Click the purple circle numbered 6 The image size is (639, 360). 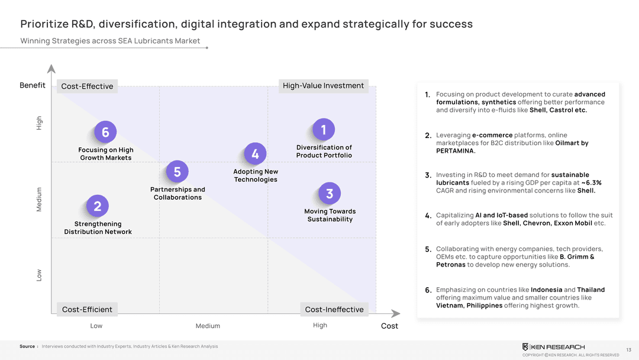[x=105, y=132]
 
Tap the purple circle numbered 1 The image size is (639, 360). [x=324, y=130]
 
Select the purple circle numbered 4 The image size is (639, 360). [x=255, y=154]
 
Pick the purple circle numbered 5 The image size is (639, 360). [x=177, y=172]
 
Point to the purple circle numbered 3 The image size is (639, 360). [x=330, y=194]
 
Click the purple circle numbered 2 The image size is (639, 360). [x=98, y=206]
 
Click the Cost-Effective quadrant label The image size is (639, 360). [x=87, y=86]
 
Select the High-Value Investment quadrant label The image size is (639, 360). [x=323, y=86]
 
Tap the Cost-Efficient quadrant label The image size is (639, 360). [x=87, y=309]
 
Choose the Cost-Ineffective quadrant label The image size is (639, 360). [x=334, y=309]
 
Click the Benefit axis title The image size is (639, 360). [x=33, y=85]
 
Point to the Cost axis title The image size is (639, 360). [x=389, y=326]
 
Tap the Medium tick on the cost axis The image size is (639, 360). [x=208, y=326]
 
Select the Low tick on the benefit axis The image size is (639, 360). [x=39, y=275]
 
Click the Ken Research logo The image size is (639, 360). [x=553, y=346]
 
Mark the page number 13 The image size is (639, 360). [x=628, y=350]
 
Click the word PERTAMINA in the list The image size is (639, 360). [x=456, y=151]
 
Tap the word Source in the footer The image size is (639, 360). [x=27, y=346]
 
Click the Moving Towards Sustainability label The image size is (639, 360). [x=330, y=216]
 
